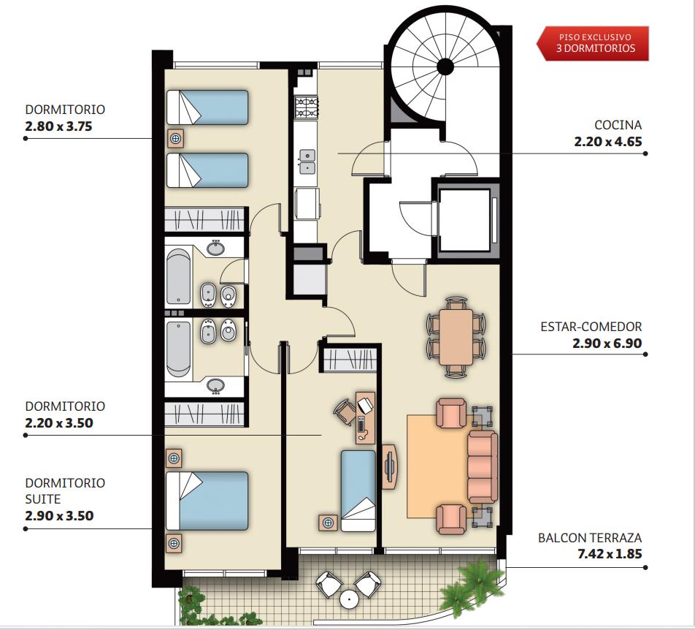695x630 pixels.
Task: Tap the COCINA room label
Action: (x=618, y=125)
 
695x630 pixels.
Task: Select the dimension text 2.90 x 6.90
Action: (x=607, y=343)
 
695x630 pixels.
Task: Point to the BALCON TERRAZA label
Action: (x=590, y=538)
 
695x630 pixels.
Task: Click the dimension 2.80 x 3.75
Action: (x=58, y=126)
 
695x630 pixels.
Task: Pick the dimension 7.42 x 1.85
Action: (x=610, y=554)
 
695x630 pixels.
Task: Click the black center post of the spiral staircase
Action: (x=445, y=67)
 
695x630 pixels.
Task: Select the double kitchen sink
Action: (x=307, y=162)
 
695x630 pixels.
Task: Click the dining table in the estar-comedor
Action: (x=456, y=337)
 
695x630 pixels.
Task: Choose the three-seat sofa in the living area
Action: (x=483, y=467)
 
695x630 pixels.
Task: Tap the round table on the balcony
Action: (x=349, y=599)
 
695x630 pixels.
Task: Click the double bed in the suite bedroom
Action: (x=207, y=501)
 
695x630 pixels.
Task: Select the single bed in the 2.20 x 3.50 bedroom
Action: (x=358, y=490)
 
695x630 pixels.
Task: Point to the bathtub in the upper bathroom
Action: (x=178, y=277)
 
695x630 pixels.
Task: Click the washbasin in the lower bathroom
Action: (x=216, y=385)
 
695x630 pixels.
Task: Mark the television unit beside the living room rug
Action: (x=389, y=467)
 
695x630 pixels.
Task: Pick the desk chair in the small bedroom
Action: (x=345, y=411)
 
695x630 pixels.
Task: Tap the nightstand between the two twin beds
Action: (x=176, y=139)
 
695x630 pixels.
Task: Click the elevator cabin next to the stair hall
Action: (x=464, y=219)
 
